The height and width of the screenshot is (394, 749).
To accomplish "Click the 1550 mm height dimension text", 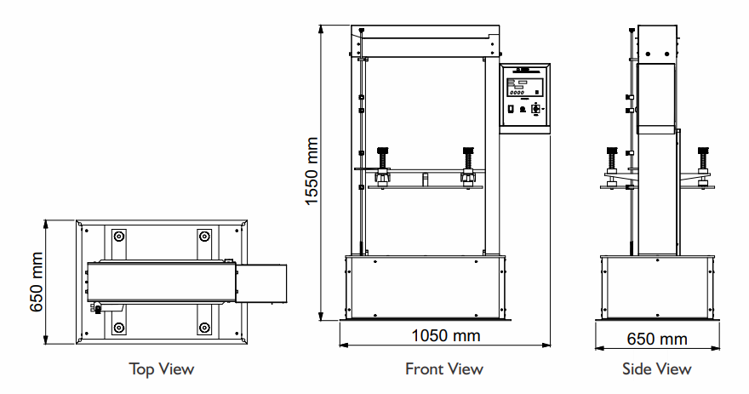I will click(312, 173).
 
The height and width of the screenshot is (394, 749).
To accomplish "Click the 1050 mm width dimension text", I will click(445, 335).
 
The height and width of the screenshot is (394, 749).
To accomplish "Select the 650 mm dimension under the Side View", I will click(657, 339).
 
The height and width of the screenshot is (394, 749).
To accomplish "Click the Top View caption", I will click(162, 368).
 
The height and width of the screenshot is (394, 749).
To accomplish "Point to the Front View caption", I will click(443, 368).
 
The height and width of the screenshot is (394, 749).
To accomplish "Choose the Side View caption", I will click(657, 368).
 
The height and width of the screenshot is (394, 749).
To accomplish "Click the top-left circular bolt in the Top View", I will click(119, 236).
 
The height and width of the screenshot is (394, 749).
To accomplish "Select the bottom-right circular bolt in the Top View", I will click(203, 328).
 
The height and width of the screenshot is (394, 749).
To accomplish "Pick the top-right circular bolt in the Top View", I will click(203, 236).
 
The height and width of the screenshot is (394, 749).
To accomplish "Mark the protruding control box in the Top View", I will click(261, 283).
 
